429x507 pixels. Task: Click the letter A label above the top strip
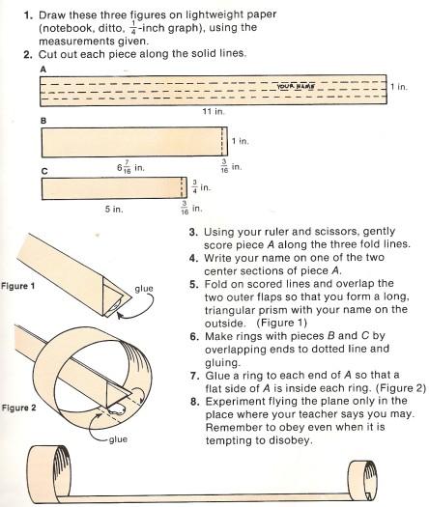coord(43,70)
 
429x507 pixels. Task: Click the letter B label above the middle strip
coord(43,121)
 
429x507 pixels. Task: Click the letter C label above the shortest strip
coord(44,171)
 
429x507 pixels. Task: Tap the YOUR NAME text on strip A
coord(296,86)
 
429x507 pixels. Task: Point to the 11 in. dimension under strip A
coord(214,112)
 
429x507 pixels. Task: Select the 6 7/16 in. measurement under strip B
coord(130,168)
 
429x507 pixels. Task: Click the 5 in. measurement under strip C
coord(114,209)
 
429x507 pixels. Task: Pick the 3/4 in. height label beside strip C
coord(201,186)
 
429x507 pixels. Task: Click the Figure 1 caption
coord(17,286)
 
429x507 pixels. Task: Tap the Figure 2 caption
coord(18,408)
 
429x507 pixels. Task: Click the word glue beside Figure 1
coord(144,289)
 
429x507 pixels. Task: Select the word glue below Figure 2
coord(118,439)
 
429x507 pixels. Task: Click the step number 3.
coord(193,232)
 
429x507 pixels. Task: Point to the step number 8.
coord(194,402)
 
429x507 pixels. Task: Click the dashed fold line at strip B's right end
coord(222,141)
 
